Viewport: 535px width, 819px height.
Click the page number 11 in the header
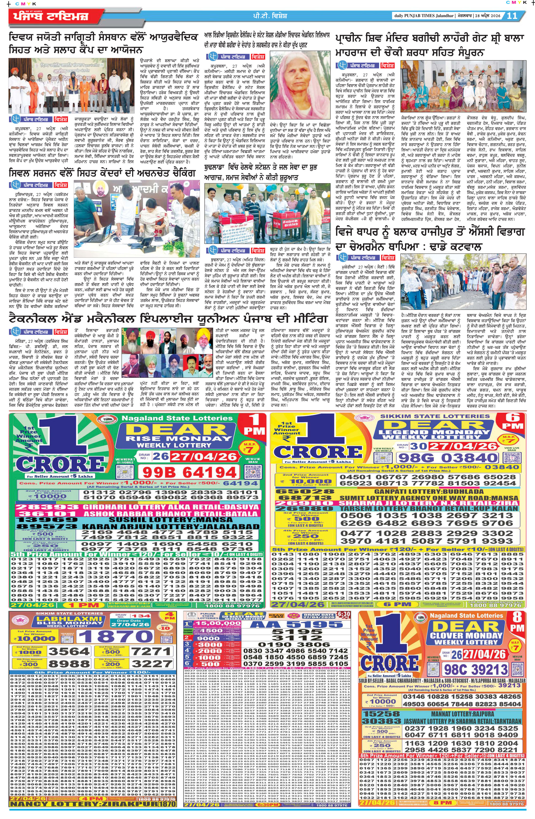point(512,16)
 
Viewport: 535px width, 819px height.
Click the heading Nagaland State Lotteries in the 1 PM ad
point(177,418)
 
